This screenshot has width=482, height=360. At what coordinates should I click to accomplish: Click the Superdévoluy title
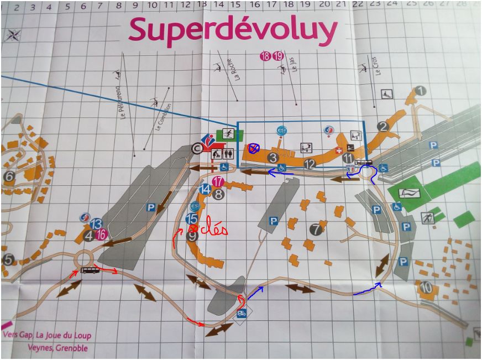(232, 30)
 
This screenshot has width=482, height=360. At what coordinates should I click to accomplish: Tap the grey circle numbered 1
(421, 91)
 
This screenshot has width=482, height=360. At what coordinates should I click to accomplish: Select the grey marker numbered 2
(383, 127)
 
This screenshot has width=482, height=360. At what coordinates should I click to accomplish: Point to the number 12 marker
(310, 164)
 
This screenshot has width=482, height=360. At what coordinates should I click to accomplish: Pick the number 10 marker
(426, 288)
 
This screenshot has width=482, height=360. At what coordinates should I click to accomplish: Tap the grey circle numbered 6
(9, 177)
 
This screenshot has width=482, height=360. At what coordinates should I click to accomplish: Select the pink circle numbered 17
(218, 181)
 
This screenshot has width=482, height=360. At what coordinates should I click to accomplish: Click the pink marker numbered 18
(265, 56)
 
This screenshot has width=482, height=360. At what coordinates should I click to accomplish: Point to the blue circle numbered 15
(192, 219)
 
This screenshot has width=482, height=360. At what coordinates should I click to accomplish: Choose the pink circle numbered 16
(101, 234)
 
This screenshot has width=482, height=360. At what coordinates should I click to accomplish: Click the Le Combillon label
(164, 117)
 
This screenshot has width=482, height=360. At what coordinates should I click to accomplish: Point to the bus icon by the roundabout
(89, 270)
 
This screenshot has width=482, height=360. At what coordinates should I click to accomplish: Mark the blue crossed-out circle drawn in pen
(254, 148)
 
